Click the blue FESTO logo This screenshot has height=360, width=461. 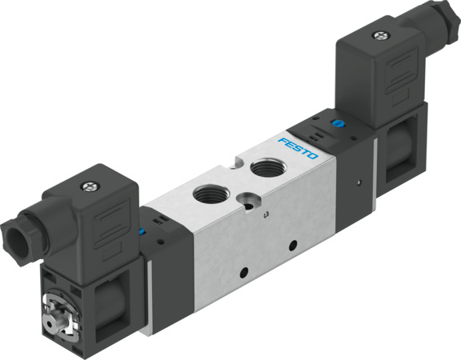(x=298, y=148)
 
